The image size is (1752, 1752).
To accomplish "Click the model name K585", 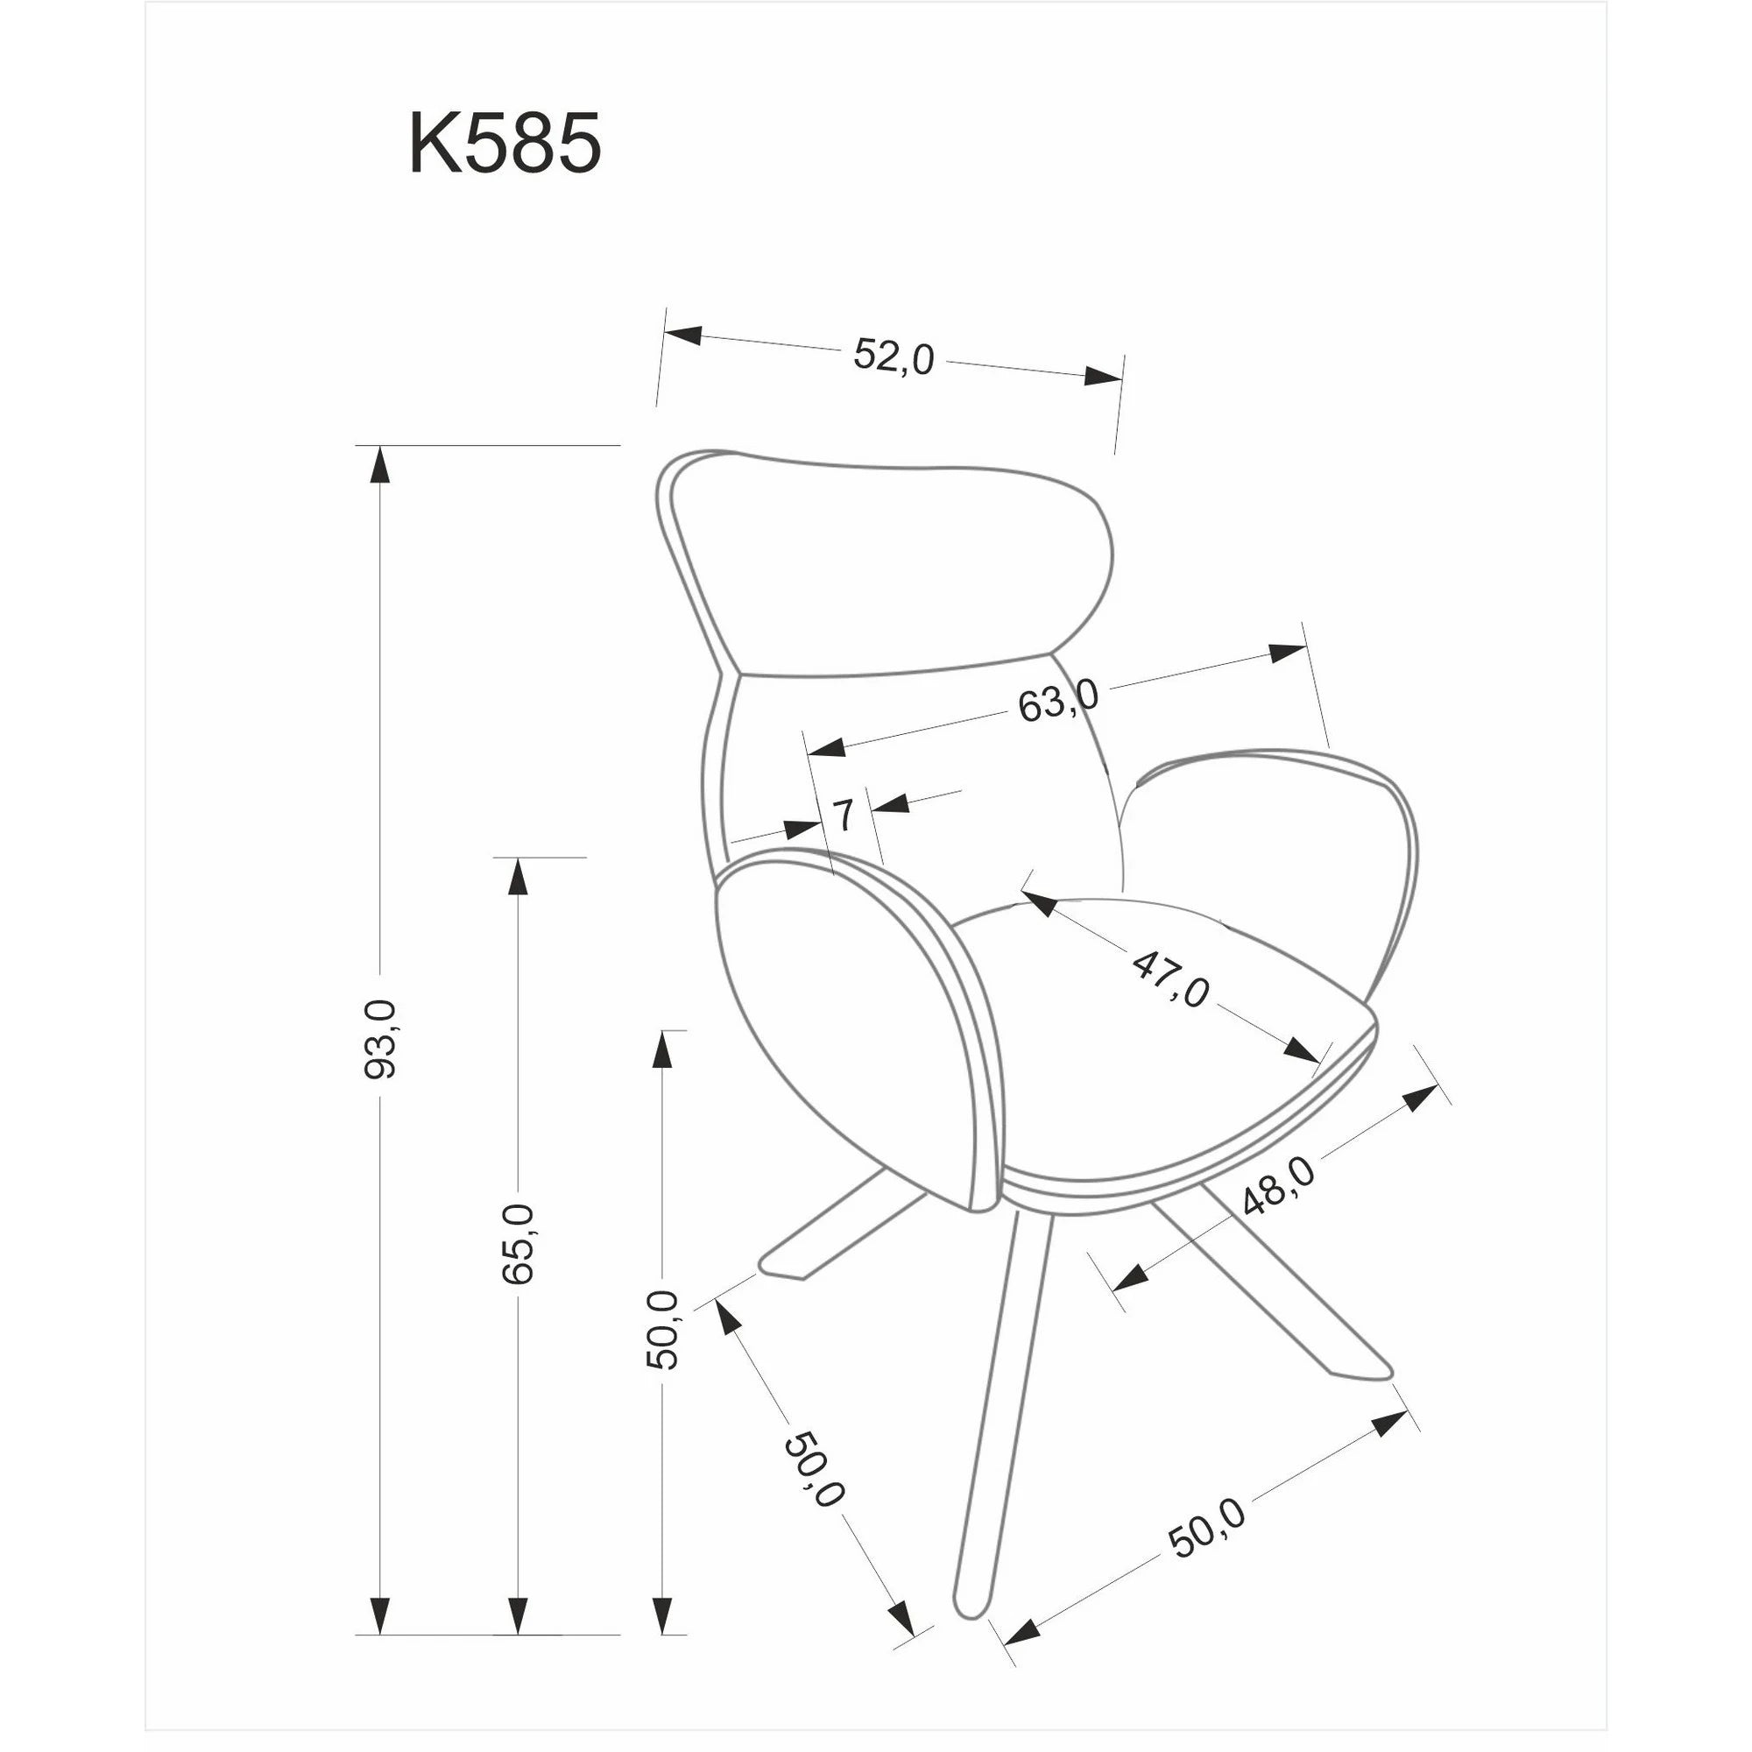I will [505, 145].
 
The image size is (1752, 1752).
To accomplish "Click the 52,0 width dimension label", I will [894, 357].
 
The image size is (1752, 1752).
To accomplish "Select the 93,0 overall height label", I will [379, 1038].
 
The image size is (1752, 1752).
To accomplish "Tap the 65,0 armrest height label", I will [517, 1243].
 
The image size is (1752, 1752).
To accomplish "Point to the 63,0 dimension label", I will [1057, 701].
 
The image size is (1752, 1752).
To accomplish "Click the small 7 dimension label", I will [844, 816].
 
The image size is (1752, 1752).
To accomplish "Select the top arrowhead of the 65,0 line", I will [517, 875].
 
